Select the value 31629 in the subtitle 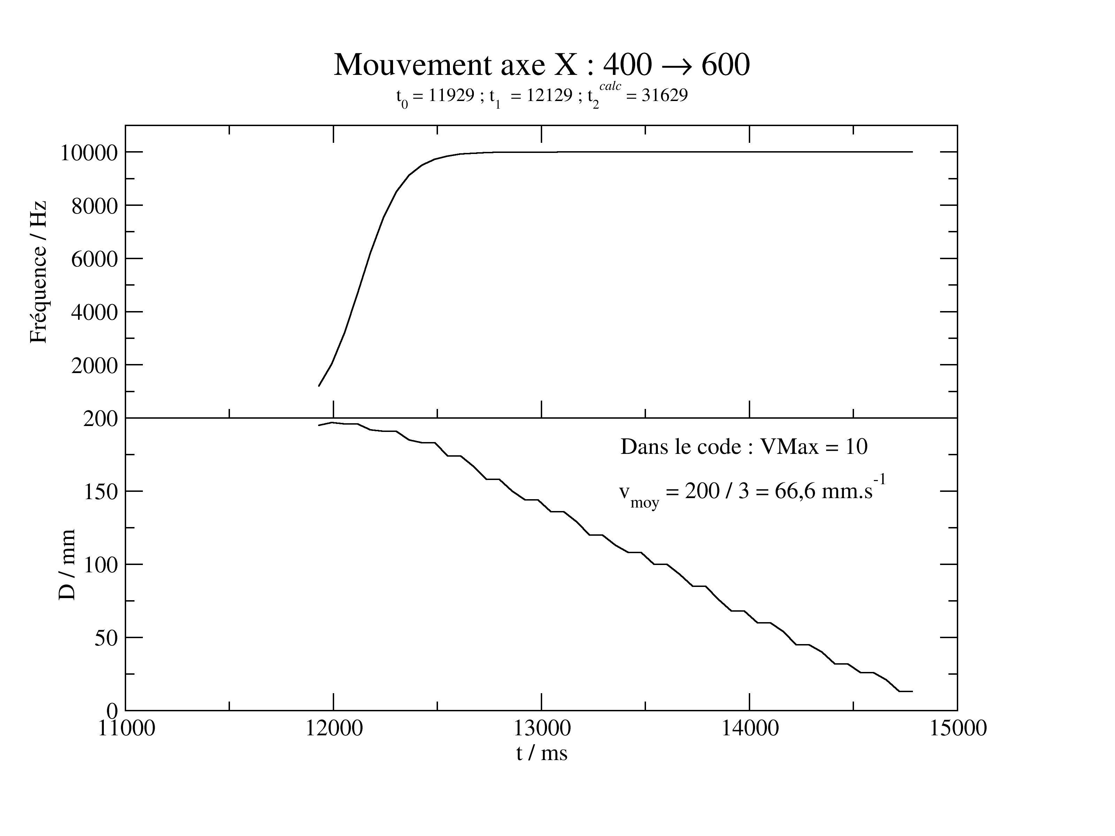point(664,95)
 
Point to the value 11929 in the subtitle point(452,95)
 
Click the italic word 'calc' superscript point(610,86)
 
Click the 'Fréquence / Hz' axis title point(38,272)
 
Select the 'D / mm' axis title point(67,564)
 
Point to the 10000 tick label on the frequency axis point(89,153)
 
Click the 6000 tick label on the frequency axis point(94,259)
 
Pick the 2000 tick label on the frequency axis point(94,365)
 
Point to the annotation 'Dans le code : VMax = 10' point(744,447)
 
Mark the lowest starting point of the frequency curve point(319,386)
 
